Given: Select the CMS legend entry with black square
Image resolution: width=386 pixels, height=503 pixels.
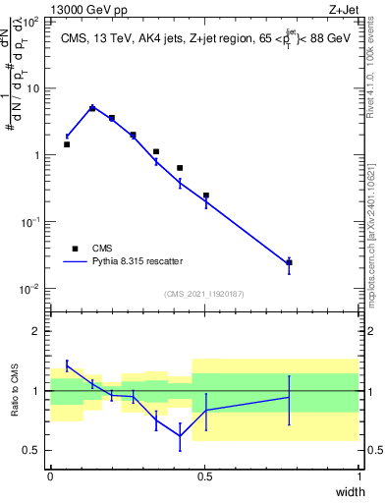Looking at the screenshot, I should click(75, 249).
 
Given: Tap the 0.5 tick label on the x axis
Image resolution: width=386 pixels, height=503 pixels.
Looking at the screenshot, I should click(204, 476).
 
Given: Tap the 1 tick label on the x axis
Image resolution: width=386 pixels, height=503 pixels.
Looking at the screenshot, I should click(358, 476).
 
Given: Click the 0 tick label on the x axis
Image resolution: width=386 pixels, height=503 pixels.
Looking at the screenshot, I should click(50, 476).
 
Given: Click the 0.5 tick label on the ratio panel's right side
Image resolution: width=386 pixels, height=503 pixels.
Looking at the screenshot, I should click(373, 451).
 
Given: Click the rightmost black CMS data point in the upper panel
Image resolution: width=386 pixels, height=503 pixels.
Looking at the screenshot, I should click(289, 262).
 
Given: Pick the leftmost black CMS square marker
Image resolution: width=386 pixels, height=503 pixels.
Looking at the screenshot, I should click(67, 144).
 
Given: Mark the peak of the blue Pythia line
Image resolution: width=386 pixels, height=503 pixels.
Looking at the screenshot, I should click(92, 108).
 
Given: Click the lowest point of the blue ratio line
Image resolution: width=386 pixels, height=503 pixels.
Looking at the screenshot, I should click(180, 437).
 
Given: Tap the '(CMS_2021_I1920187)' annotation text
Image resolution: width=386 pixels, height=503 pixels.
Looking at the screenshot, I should click(203, 294).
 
